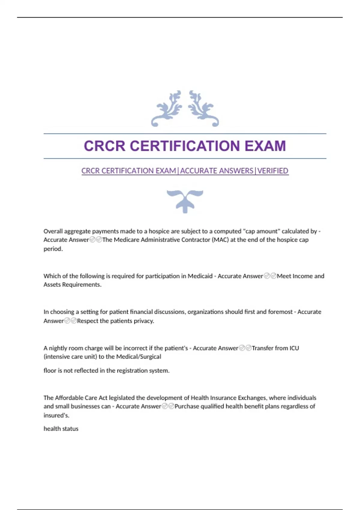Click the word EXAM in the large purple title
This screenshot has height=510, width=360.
click(x=265, y=146)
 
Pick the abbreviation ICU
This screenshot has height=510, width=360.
click(x=294, y=348)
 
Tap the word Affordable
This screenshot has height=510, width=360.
click(x=69, y=398)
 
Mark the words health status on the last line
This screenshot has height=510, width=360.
click(x=61, y=429)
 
